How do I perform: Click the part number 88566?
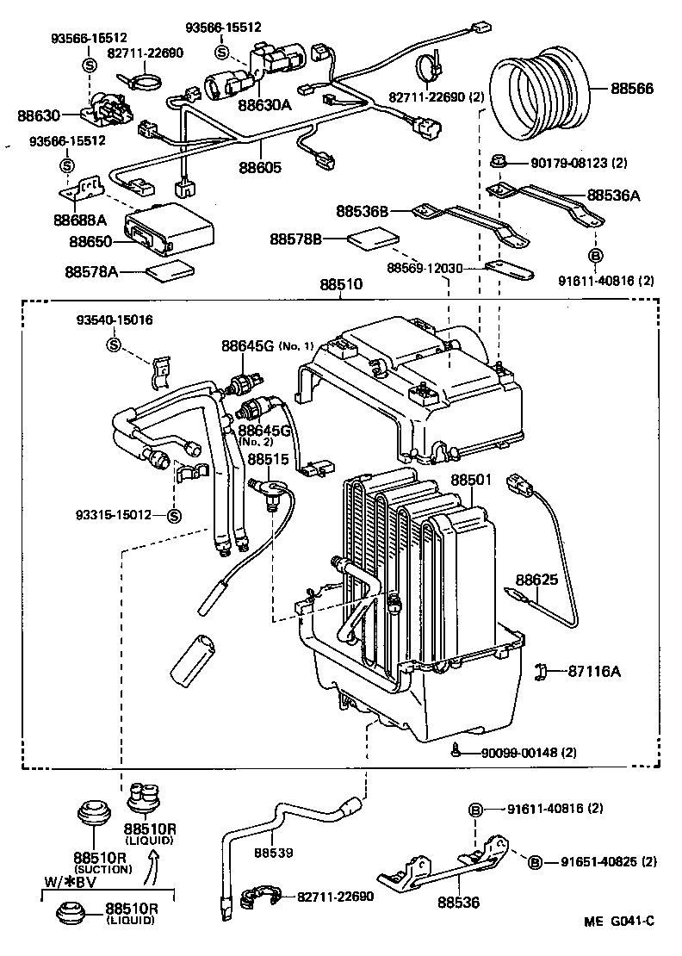pos(632,89)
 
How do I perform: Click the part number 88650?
pos(92,243)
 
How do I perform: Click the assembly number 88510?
pos(341,283)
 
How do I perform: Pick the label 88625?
pos(537,580)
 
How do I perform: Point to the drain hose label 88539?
pos(274,853)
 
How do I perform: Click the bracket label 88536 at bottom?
pos(458,903)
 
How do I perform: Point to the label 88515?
pos(270,460)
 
